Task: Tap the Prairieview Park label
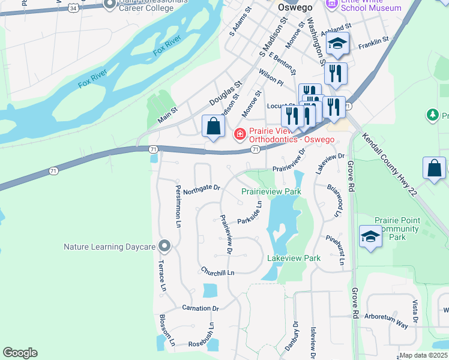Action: coord(271,191)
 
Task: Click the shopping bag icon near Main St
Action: coord(213,127)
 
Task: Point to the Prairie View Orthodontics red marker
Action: coord(240,133)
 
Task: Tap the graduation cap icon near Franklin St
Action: coord(337,45)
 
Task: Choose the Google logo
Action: coord(20,353)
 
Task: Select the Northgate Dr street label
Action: coord(202,190)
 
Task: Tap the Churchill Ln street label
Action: coord(217,272)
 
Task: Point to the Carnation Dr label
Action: coord(200,308)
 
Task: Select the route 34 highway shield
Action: coord(73,8)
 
